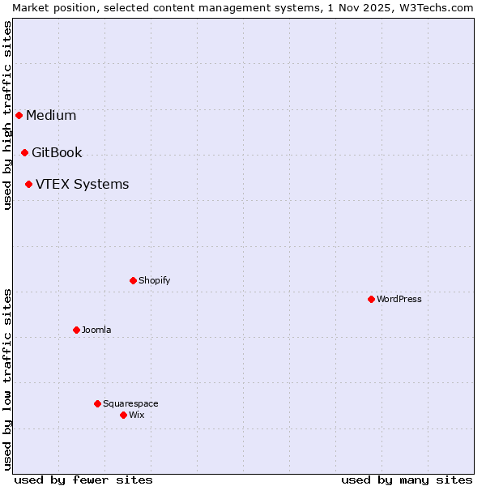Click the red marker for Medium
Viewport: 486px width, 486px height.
[x=19, y=115]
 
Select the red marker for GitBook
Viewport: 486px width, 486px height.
[x=24, y=152]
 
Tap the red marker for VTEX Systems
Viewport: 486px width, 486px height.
[x=28, y=184]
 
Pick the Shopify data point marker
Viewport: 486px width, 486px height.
[x=133, y=280]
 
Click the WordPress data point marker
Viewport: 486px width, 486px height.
[x=371, y=299]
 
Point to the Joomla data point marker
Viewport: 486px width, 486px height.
[x=76, y=330]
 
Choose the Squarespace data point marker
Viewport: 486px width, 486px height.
[x=97, y=403]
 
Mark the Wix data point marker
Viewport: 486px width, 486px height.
[x=123, y=415]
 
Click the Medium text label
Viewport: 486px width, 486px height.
[x=51, y=115]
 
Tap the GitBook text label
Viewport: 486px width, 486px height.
[x=57, y=152]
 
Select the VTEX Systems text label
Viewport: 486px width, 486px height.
[x=82, y=184]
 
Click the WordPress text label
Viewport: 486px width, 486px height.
[x=399, y=299]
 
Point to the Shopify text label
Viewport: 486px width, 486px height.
[x=154, y=280]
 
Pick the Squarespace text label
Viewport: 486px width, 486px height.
[x=130, y=403]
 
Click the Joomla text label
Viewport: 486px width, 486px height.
[x=96, y=330]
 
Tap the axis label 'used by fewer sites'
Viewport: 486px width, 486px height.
[x=83, y=480]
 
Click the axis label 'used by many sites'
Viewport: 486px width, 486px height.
[x=407, y=480]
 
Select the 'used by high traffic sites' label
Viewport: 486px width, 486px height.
[x=7, y=115]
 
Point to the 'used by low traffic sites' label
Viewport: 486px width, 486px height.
[x=7, y=379]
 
